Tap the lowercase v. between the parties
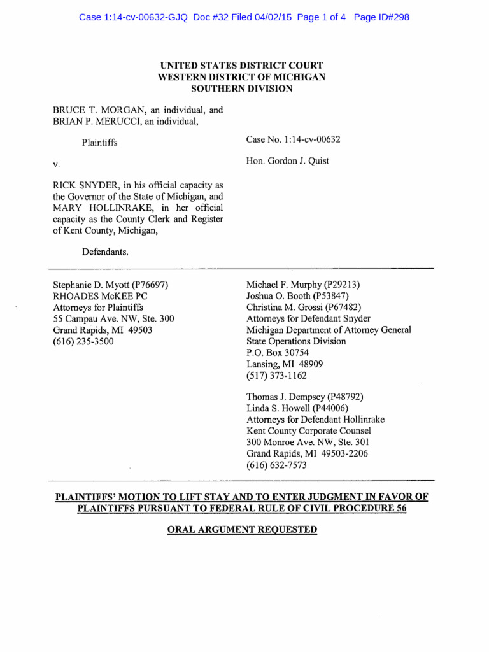[56, 164]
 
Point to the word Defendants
[105, 252]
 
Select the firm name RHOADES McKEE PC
[96, 296]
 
